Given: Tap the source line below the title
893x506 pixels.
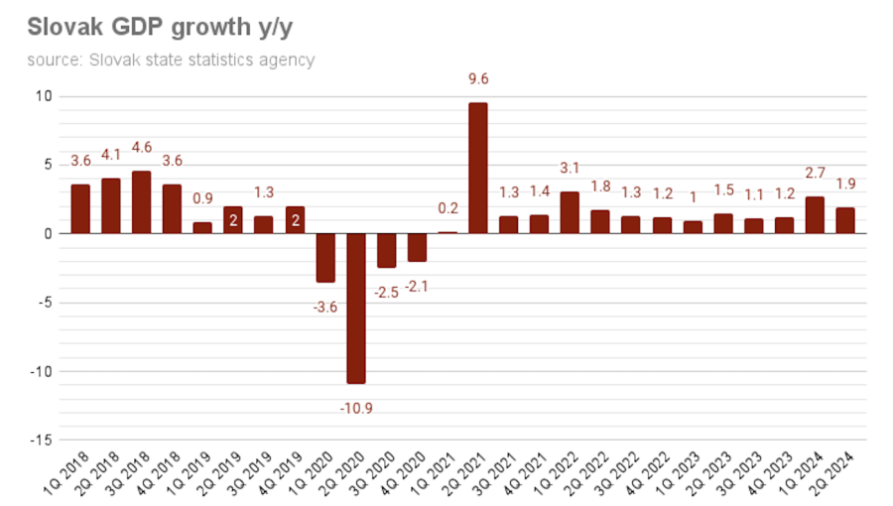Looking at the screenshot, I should click(171, 60).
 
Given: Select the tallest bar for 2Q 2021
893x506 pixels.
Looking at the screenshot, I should click(478, 168).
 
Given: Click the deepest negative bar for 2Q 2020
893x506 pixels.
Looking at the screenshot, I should click(355, 308).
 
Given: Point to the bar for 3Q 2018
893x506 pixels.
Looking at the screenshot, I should click(141, 202).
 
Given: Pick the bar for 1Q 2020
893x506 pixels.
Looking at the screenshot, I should click(324, 258).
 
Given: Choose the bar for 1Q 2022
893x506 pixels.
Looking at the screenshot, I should click(570, 212).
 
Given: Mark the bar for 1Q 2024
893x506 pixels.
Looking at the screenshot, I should click(815, 215).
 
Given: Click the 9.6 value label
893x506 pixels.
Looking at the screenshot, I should click(478, 79).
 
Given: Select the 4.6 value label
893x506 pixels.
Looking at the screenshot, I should click(141, 147).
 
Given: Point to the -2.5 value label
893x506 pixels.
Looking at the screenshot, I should click(385, 293).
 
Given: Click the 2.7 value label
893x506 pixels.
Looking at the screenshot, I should click(815, 174).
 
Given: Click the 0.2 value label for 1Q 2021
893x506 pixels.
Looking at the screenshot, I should click(447, 208).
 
